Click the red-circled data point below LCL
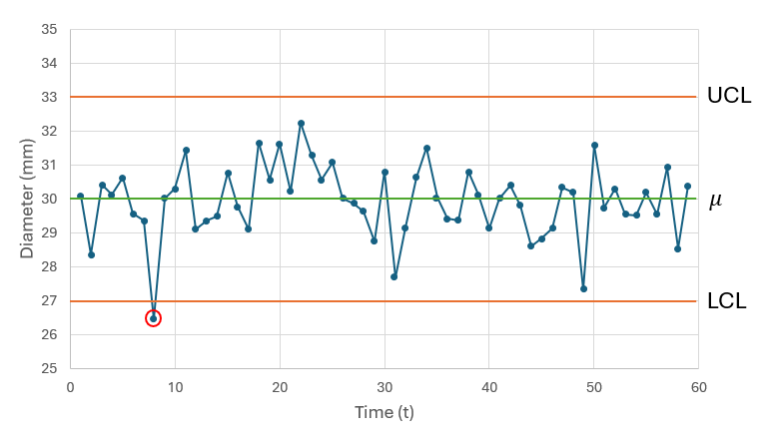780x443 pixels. point(153,318)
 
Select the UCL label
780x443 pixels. point(728,97)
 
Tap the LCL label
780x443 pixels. point(726,300)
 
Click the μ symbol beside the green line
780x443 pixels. point(715,201)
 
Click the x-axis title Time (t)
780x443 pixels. point(385,412)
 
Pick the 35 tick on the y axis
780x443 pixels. point(48,30)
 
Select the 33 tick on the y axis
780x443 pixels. point(48,98)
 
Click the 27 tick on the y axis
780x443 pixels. point(48,300)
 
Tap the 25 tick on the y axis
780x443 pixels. point(48,368)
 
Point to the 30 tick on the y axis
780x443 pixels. point(48,199)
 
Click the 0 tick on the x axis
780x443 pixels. point(70,387)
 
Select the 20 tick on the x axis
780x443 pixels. point(280,387)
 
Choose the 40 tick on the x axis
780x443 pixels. point(489,387)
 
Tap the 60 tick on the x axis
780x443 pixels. point(699,387)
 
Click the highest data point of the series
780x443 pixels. point(301,124)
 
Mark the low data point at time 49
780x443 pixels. point(583,288)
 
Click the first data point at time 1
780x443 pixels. point(81,197)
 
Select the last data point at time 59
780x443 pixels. point(688,187)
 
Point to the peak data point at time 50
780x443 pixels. point(594,146)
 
